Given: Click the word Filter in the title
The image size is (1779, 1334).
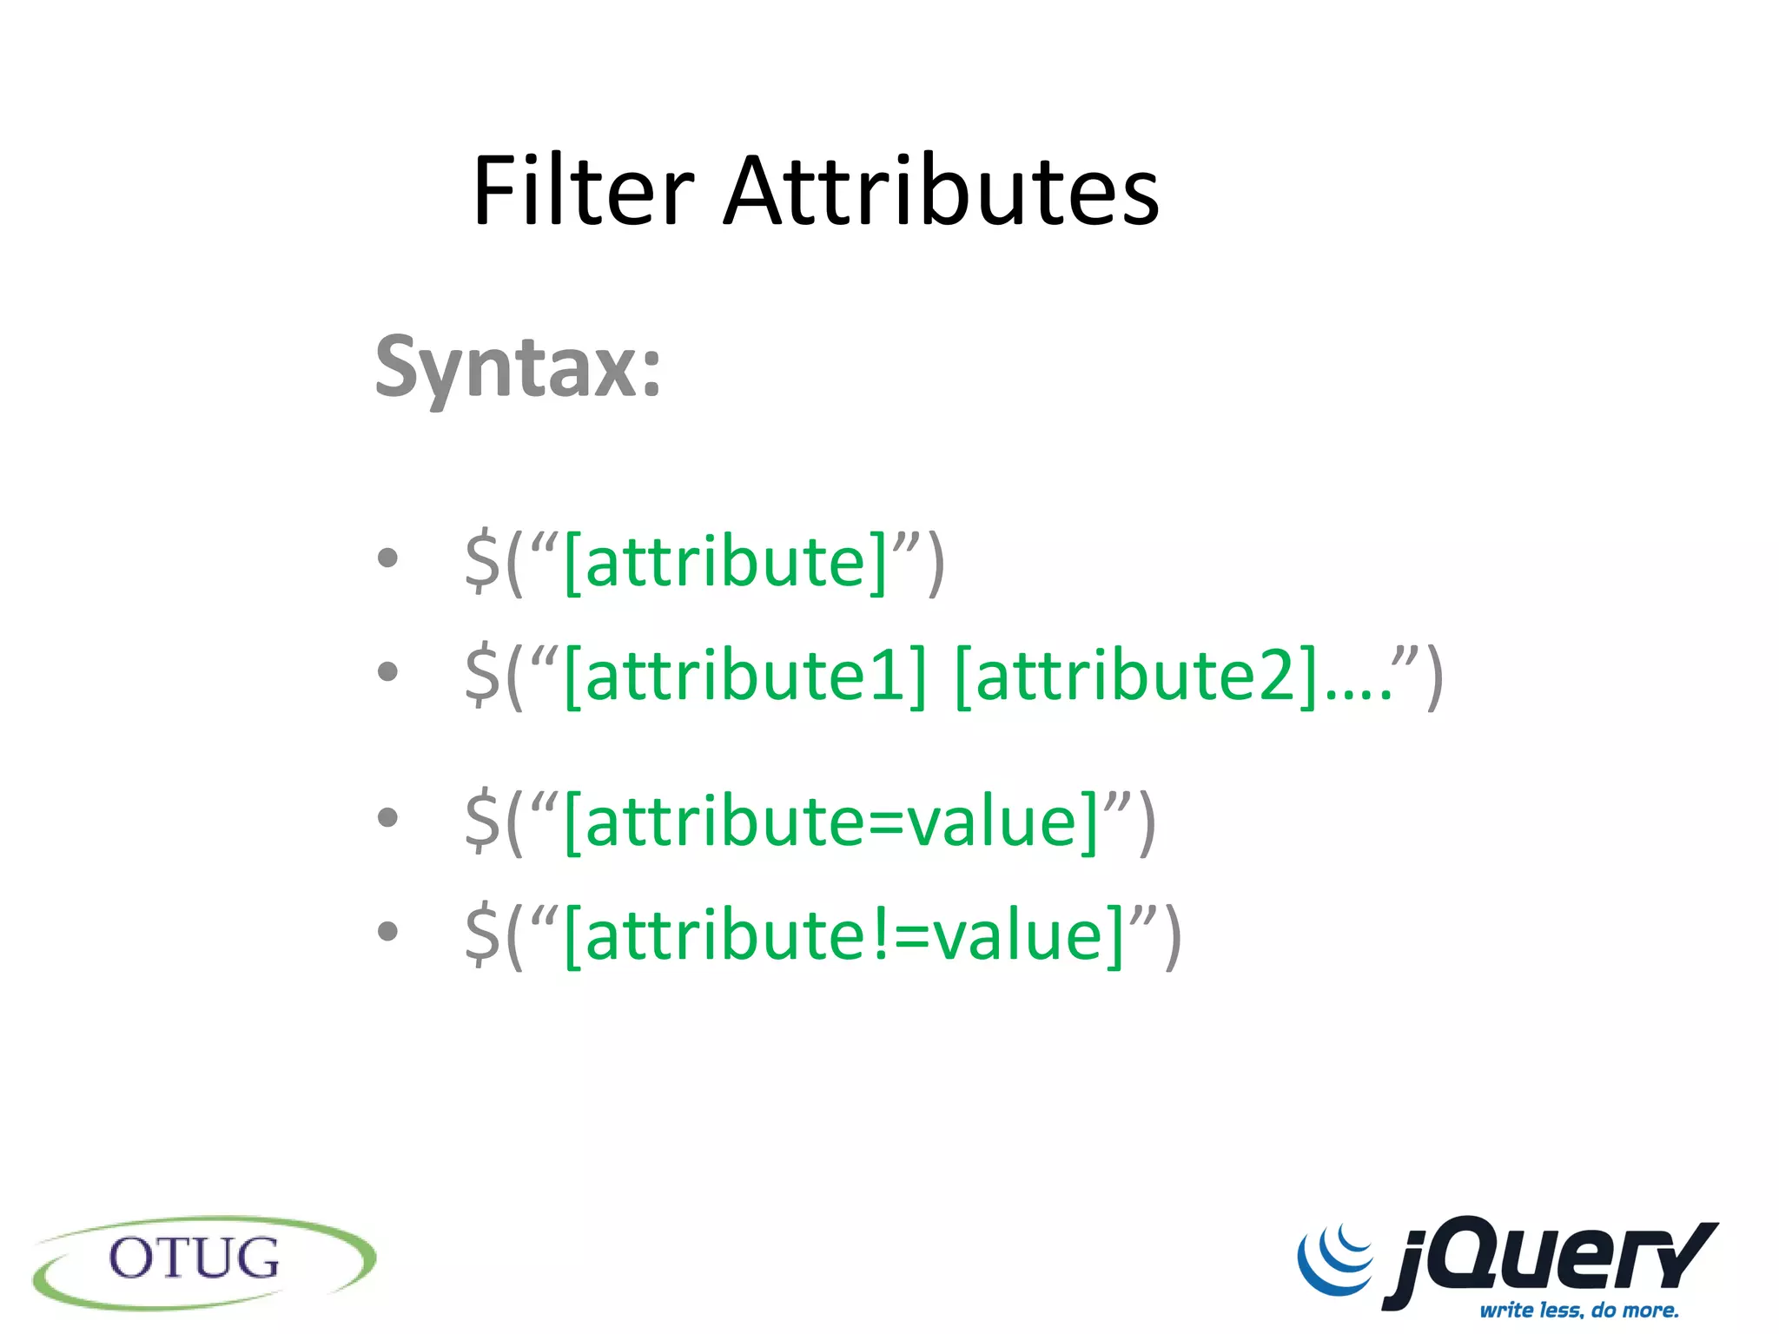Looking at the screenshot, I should pos(582,191).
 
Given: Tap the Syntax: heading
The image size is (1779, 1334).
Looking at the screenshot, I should pos(519,368).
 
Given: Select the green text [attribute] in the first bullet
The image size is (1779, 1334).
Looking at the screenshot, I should pos(726,563).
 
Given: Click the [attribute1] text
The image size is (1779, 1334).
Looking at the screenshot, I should pos(745,676).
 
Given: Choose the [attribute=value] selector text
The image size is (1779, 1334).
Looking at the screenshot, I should pos(832,822).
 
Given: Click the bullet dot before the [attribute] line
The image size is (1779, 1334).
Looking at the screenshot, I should pos(387,558).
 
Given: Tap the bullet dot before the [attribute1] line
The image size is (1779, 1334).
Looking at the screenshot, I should pos(387,670).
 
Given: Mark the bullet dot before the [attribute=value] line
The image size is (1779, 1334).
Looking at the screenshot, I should pos(387,816).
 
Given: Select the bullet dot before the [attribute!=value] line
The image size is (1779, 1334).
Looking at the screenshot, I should pos(387,930).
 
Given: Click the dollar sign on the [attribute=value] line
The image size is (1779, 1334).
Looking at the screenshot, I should pos(483,822).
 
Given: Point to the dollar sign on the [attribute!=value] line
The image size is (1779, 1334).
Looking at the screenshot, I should pos(483,935).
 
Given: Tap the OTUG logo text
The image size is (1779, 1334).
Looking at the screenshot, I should pos(194,1258).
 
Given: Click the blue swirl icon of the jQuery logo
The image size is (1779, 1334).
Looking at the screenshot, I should pos(1336,1259).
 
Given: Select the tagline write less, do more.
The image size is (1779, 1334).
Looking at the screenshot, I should pos(1579,1310).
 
